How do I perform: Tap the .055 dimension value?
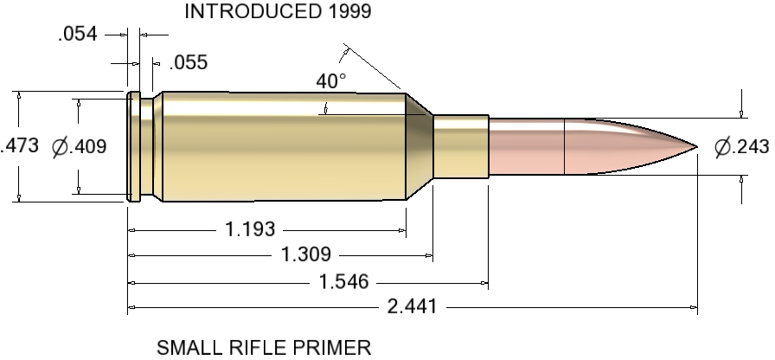point(189,62)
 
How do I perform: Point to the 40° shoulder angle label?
point(330,81)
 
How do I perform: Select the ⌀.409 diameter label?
point(79,146)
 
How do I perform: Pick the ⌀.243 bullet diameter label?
point(741,147)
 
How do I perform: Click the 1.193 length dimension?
point(250,229)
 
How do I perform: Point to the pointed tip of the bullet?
point(696,146)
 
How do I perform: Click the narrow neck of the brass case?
point(460,146)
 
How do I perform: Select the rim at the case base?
point(133,146)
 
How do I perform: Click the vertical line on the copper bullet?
point(564,146)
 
